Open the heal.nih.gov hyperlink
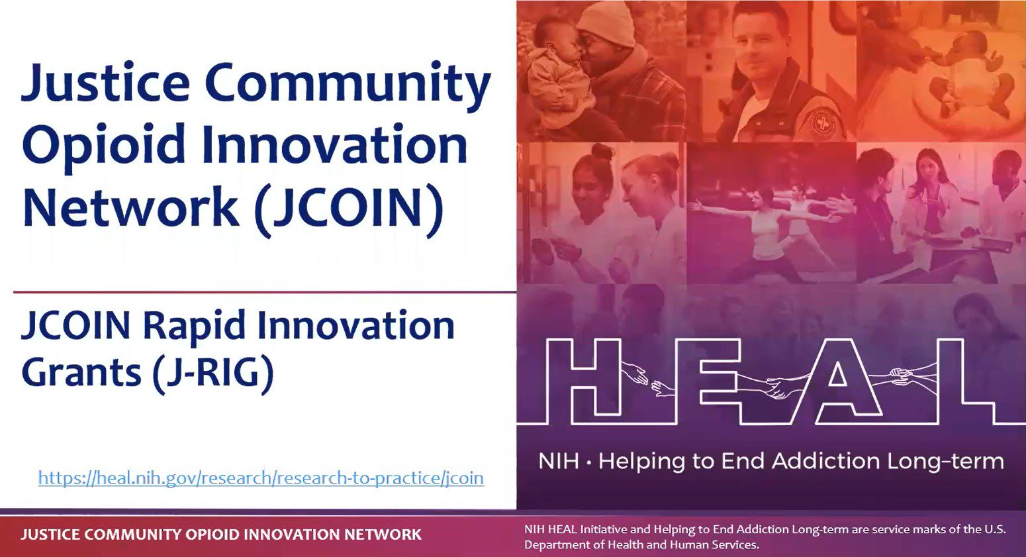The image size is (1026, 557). click(261, 478)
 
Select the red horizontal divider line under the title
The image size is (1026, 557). click(265, 291)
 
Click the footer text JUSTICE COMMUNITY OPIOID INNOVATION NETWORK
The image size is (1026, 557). click(221, 534)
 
